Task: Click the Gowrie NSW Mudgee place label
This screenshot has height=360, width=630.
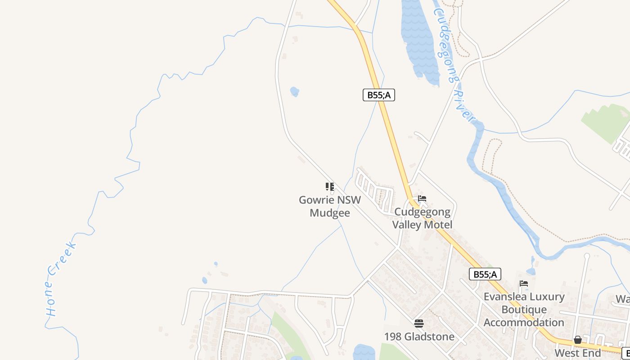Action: coord(330,206)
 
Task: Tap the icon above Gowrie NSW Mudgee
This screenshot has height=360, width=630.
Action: coord(330,186)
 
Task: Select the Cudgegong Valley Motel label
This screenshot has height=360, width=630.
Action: coord(422,218)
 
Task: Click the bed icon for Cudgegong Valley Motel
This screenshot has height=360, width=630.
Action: coord(422,198)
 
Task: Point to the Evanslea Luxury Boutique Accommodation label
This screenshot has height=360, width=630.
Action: coord(524,310)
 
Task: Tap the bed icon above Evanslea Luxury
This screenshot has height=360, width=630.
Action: coord(524,283)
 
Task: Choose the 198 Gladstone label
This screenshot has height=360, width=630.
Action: coord(419,337)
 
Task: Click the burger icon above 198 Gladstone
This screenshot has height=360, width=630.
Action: coord(419,323)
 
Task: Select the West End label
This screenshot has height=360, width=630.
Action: coord(578,353)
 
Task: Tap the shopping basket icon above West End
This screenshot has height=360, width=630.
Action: coord(578,340)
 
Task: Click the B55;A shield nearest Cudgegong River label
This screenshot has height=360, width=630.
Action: coord(379,95)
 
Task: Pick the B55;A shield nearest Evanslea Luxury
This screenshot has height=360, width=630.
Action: coord(485,274)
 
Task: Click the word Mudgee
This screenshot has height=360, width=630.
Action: coord(330,213)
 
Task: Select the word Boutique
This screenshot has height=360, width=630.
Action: coord(524,310)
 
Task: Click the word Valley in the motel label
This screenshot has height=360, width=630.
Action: coord(408,224)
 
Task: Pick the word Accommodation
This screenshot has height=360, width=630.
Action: coord(524,323)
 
